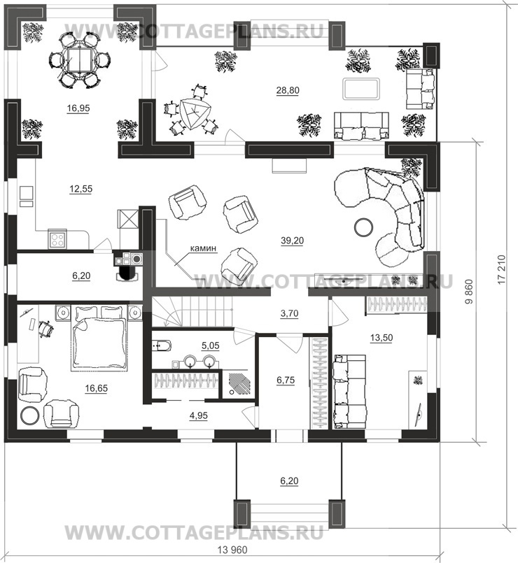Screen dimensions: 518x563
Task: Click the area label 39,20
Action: (293, 241)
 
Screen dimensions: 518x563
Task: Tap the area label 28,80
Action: (288, 90)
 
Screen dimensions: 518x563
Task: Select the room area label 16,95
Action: (78, 108)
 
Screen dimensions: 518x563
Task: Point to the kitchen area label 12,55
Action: (81, 189)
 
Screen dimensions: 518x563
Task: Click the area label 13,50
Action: (381, 338)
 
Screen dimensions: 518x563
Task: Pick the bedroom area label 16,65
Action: (97, 388)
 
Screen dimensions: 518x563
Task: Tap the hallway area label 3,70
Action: (289, 313)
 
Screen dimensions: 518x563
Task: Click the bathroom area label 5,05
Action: (210, 345)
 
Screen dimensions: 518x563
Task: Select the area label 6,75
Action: (286, 380)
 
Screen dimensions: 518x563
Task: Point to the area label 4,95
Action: (198, 415)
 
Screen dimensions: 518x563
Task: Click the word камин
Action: (203, 248)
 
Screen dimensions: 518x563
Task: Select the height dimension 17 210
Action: (502, 269)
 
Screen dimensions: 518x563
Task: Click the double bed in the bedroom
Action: (100, 337)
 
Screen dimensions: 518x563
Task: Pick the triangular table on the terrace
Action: (194, 113)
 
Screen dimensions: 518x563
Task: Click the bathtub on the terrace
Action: (360, 88)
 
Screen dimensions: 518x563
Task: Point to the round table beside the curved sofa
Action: (363, 227)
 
